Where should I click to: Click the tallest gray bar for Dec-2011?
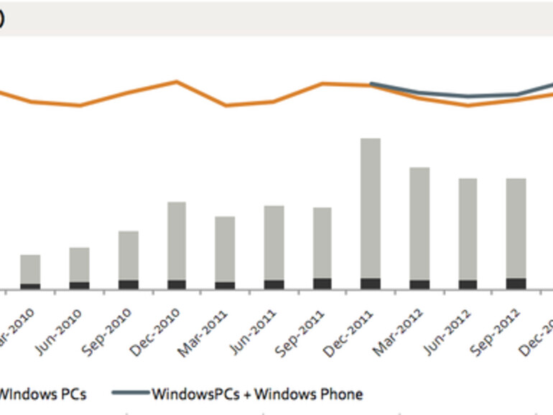371,208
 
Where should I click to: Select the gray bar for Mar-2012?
419,223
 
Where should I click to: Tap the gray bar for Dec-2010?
177,241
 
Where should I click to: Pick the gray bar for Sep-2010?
128,255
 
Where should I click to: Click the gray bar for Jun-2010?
79,264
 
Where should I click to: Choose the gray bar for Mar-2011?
225,248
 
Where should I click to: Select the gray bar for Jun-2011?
274,243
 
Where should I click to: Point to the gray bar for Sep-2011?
322,243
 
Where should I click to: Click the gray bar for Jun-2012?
468,228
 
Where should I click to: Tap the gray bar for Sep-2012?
516,228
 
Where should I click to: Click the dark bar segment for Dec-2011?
371,284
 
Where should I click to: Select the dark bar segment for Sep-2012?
516,284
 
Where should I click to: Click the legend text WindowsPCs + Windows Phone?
257,393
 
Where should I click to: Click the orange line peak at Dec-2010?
177,81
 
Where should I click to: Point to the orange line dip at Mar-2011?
226,106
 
